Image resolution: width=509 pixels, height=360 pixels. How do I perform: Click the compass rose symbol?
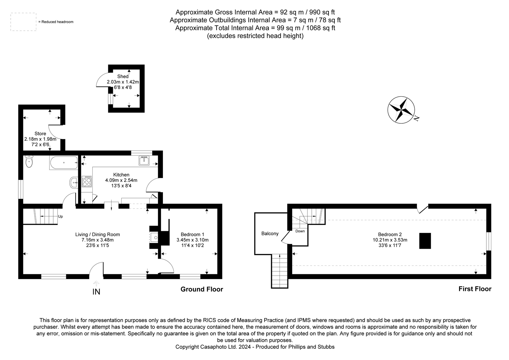coord(401,110)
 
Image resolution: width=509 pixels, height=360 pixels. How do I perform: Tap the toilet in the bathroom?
coord(29,162)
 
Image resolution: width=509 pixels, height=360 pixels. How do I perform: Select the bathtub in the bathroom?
coord(64,163)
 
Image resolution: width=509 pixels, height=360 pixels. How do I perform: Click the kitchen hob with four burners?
coord(87,182)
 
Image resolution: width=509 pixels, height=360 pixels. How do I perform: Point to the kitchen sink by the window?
coord(144,161)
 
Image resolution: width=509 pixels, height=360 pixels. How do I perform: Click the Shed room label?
coord(123,77)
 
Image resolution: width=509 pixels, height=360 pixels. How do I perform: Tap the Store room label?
coord(40,134)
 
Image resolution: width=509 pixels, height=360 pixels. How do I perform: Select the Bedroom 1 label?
coord(193,234)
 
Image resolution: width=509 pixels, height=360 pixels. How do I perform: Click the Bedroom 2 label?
coord(390,234)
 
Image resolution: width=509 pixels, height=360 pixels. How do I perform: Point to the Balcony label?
coord(270,234)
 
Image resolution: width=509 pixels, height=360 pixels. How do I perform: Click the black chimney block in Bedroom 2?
coord(425,241)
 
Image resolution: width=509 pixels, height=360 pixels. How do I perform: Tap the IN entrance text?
coord(96,292)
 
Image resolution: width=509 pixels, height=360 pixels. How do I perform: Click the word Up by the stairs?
coord(60,217)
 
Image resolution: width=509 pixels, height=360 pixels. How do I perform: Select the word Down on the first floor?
coord(300,231)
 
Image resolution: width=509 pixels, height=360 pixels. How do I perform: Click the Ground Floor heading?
coord(202,289)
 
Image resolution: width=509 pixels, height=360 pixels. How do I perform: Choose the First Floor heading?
coord(475,289)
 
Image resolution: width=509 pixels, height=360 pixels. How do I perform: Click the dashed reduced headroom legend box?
coord(23,22)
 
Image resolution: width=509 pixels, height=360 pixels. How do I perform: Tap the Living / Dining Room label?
coord(98,234)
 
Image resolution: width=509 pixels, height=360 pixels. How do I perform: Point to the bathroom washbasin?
coord(74,182)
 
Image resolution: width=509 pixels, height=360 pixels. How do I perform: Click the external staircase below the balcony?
coord(279,270)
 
